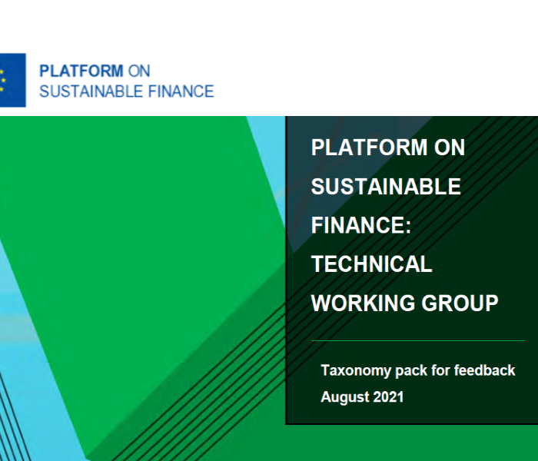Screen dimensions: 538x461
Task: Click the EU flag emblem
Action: coord(13,80)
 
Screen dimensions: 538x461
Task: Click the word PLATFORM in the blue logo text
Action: coord(81,71)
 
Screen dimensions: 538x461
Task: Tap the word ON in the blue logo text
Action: coord(139,71)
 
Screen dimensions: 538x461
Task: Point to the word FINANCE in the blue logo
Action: coord(181,91)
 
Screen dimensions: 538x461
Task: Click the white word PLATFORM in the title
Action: coord(369,148)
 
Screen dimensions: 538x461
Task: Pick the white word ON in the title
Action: coord(449,148)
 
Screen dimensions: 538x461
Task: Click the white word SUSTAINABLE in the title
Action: coord(386,186)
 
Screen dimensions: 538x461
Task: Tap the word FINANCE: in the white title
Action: coord(361,225)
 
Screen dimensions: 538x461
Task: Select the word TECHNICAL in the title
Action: coord(371,264)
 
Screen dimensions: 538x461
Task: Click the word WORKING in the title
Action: coord(363,303)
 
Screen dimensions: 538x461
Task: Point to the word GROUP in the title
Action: coord(460,303)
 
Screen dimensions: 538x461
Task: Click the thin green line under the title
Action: coord(418,341)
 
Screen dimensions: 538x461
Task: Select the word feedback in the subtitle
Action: coord(484,370)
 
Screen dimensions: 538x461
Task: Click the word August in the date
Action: coord(344,397)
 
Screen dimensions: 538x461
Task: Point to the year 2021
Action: coord(388,397)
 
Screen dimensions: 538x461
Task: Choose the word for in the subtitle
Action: coord(440,370)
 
